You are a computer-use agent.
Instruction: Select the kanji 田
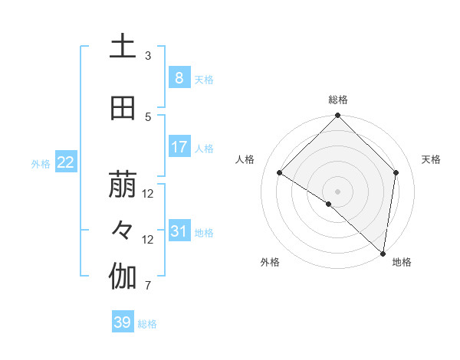[x=123, y=109]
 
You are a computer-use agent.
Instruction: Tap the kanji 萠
[x=123, y=185]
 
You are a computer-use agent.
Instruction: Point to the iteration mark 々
[x=123, y=231]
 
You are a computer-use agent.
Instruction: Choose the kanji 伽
[x=123, y=277]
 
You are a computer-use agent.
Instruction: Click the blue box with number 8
[x=179, y=78]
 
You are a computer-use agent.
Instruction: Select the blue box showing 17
[x=179, y=147]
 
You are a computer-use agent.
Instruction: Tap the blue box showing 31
[x=179, y=231]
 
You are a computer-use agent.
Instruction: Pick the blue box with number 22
[x=65, y=162]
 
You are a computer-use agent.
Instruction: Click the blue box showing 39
[x=122, y=323]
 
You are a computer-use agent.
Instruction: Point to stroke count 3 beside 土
[x=148, y=56]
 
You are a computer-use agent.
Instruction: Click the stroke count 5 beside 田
[x=148, y=117]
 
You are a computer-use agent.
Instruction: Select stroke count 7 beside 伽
[x=148, y=286]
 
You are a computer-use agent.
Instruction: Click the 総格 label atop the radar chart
[x=337, y=100]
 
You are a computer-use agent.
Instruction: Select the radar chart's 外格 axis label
[x=270, y=262]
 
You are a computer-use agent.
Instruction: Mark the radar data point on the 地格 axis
[x=383, y=253]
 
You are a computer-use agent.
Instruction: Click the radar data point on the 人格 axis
[x=280, y=173]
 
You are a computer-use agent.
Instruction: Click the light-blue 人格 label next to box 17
[x=204, y=149]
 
